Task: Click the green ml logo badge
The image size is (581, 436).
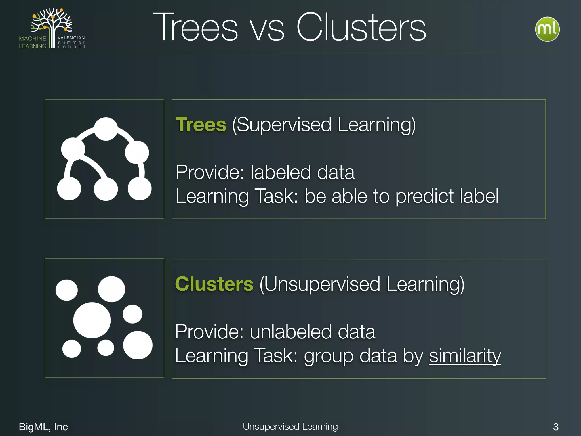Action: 547,29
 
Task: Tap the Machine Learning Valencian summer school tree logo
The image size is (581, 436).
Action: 52,28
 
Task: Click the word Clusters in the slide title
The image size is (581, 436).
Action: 361,28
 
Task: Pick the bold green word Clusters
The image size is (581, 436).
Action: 214,284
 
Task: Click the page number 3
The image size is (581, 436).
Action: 556,427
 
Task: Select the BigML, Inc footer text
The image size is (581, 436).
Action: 43,427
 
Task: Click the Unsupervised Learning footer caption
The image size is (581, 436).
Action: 290,426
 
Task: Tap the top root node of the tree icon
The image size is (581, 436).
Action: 106,129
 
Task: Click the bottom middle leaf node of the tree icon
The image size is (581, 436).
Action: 106,189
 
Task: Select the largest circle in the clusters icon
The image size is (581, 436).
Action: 92,320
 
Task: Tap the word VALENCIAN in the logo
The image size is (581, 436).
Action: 71,38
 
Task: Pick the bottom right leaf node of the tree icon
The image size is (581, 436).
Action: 140,188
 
